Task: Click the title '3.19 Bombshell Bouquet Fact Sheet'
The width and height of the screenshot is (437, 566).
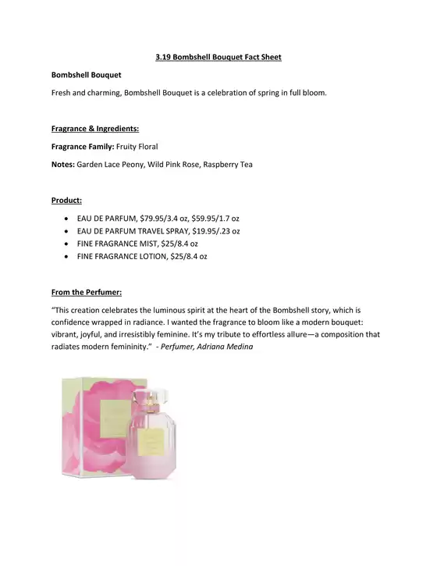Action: tap(218, 57)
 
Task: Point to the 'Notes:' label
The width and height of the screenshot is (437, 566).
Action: tap(63, 164)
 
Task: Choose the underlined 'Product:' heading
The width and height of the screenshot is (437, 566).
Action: tap(67, 201)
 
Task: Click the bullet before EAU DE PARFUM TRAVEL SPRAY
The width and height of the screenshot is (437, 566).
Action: tap(69, 231)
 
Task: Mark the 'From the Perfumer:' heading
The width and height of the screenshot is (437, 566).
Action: tap(86, 292)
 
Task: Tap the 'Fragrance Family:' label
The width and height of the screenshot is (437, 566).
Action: tap(82, 146)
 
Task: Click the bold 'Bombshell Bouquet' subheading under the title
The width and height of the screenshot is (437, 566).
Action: tap(86, 75)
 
